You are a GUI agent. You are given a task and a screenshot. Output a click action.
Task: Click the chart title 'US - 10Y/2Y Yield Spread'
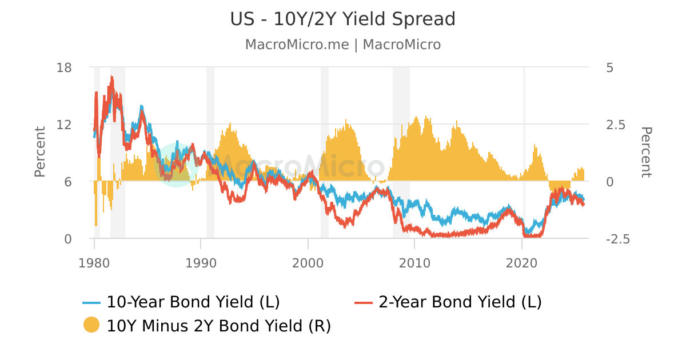click(343, 19)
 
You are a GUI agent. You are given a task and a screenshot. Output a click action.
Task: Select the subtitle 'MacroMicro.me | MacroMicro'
click(343, 45)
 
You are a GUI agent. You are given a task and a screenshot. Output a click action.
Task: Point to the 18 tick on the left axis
click(65, 67)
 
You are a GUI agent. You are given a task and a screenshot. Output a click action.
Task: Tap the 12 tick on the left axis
click(65, 125)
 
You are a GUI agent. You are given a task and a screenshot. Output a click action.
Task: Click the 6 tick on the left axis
click(68, 182)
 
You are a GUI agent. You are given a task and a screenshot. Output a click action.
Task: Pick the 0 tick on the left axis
click(68, 239)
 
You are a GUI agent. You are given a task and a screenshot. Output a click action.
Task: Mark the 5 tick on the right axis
click(609, 67)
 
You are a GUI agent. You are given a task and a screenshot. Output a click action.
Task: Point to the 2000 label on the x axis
click(308, 264)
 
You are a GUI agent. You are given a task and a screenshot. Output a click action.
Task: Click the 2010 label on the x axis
click(415, 264)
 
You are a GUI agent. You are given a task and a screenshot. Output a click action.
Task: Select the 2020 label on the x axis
click(522, 264)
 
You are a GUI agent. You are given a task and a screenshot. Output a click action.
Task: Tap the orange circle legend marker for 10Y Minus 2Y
click(91, 325)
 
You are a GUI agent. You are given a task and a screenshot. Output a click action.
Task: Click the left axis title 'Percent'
click(39, 152)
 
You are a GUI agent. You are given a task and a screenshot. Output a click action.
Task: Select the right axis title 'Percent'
click(646, 152)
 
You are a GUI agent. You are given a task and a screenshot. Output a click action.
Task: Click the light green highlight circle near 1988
click(177, 165)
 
